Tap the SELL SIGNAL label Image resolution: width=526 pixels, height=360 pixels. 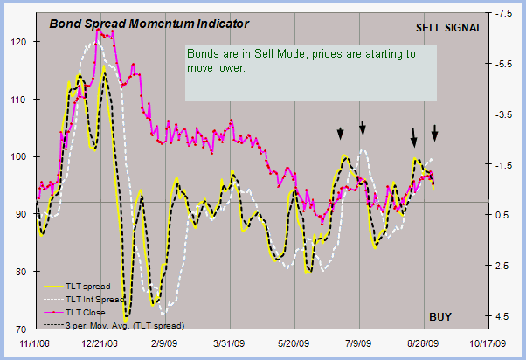coord(448,27)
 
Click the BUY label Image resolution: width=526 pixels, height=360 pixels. coord(439,315)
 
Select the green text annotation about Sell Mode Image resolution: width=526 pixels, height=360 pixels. coord(301,60)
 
